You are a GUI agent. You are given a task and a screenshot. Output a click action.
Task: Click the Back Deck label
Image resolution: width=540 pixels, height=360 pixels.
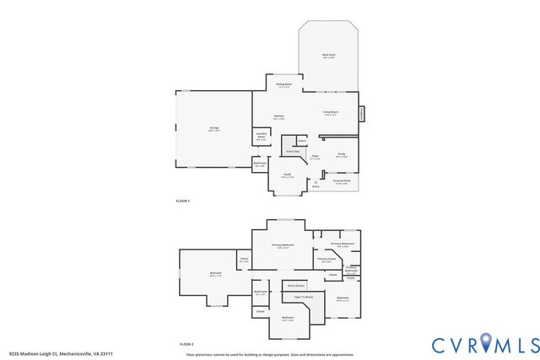tap(328, 56)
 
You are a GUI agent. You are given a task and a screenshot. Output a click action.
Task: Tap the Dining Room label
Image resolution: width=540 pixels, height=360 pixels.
tap(283, 85)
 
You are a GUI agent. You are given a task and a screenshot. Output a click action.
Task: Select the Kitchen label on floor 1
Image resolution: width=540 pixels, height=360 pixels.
tap(278, 117)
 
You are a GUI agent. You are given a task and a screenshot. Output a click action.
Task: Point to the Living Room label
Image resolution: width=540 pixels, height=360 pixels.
tap(330, 113)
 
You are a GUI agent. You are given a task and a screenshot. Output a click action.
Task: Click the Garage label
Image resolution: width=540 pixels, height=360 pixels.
tap(214, 129)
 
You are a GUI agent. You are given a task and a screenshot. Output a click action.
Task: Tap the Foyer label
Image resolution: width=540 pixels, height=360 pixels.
tap(314, 156)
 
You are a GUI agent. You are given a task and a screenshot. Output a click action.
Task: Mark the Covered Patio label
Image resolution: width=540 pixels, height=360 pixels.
tap(342, 181)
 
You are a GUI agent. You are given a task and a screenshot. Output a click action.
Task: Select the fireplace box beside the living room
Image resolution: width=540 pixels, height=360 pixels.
tap(362, 113)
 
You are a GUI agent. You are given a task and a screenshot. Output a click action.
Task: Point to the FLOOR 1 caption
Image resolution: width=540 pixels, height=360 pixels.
tap(183, 201)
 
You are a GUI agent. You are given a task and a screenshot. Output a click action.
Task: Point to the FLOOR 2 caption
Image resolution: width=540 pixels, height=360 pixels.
tap(186, 345)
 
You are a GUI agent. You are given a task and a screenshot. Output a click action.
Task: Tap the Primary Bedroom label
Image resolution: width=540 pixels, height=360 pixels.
tap(283, 245)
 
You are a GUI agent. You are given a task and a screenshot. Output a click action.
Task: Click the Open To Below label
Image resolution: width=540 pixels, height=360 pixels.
tap(304, 298)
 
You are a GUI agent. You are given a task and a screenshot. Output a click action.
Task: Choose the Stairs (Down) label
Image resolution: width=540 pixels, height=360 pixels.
tap(294, 286)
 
